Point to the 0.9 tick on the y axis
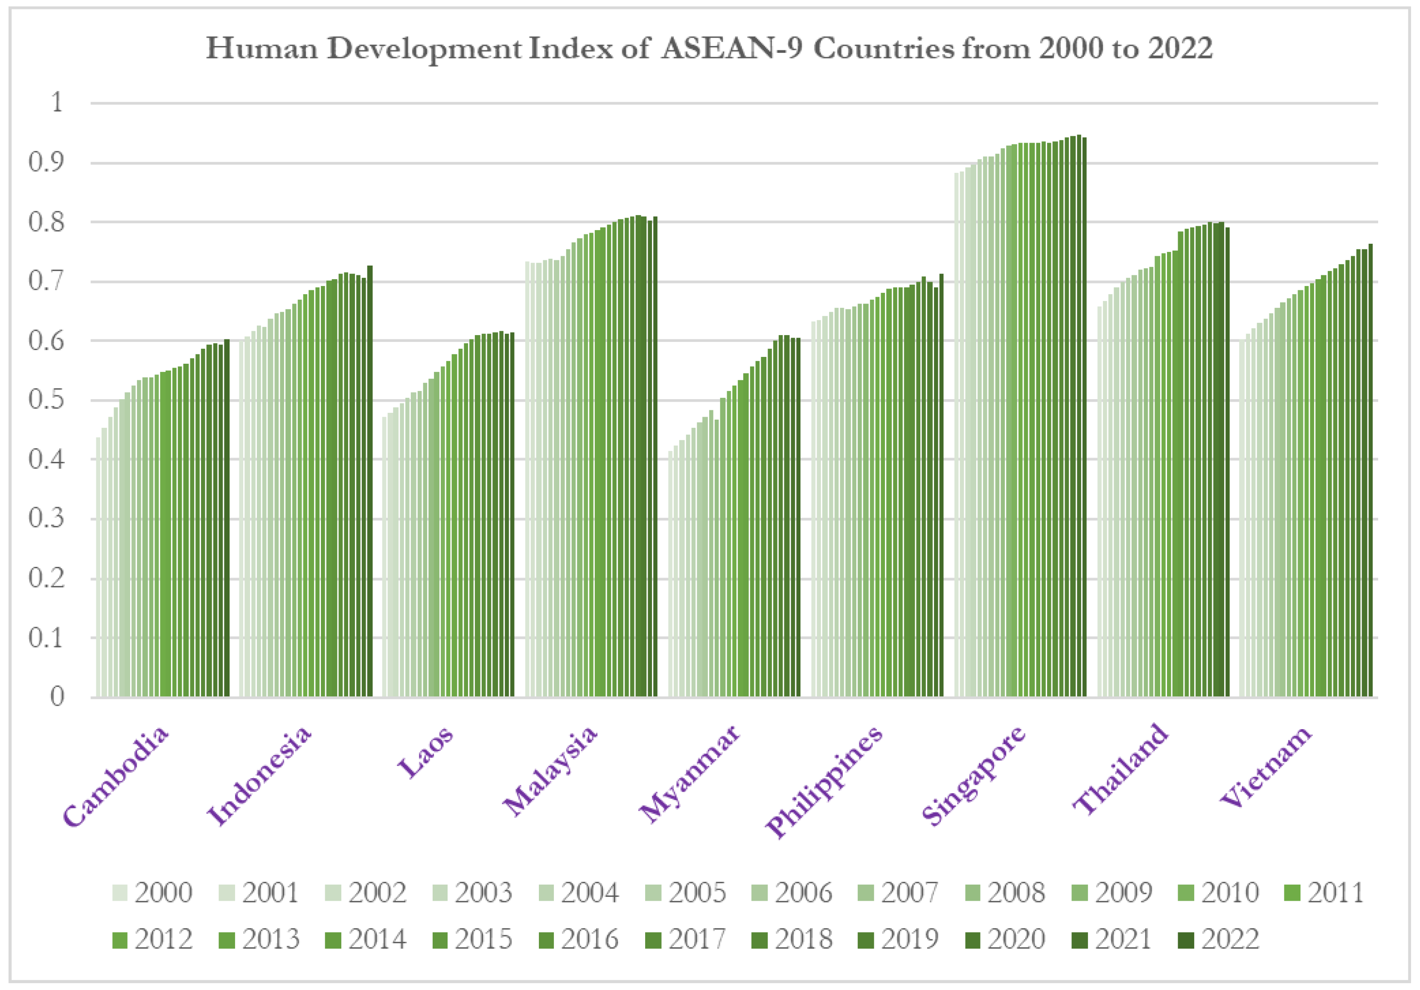(47, 163)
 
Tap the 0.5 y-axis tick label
(47, 400)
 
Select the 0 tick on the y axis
(57, 697)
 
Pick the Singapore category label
(973, 776)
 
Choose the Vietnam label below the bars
(1266, 767)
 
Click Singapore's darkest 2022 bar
(1084, 418)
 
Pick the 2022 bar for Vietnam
(1371, 470)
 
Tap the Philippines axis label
(824, 781)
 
